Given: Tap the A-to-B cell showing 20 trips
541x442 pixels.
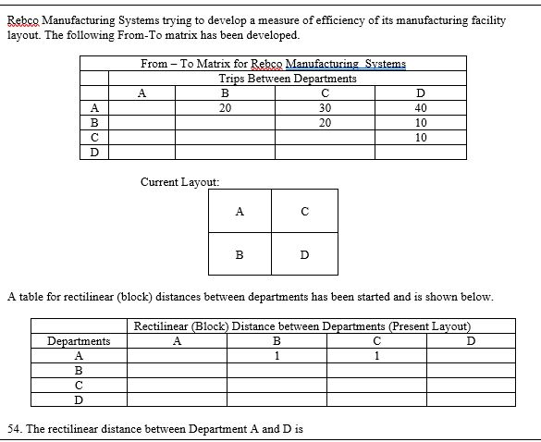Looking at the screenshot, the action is click(x=225, y=107).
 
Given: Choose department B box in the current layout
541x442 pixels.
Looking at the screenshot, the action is click(x=240, y=254).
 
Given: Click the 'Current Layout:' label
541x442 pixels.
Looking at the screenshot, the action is click(x=179, y=182).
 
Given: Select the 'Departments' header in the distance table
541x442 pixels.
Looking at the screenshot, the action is click(x=79, y=341).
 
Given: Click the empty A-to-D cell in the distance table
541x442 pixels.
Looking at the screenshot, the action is click(x=470, y=355).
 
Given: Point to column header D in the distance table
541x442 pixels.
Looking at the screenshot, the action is click(x=470, y=341).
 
